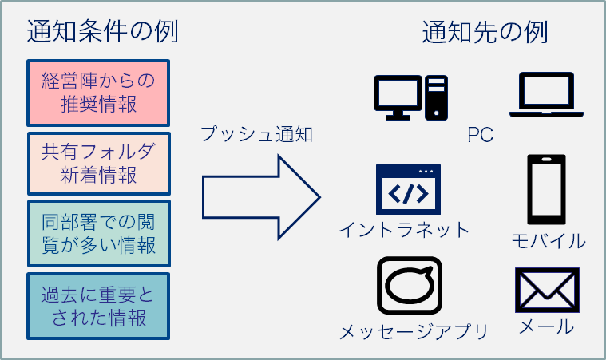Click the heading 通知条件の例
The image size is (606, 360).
tap(102, 32)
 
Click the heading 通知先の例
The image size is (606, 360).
tap(485, 32)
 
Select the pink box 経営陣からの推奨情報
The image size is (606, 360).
tap(98, 93)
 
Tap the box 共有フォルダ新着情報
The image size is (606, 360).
tap(98, 164)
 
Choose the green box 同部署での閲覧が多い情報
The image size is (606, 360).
tap(98, 234)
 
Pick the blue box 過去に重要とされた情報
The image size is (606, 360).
tap(98, 307)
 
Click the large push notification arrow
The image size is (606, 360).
tap(261, 197)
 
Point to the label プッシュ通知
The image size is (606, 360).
tap(256, 134)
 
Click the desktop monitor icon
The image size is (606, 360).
tap(398, 97)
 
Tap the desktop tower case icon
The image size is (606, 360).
tap(436, 97)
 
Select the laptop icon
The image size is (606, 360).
tap(546, 95)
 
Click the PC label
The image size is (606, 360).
tap(480, 135)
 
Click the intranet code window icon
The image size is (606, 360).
tap(408, 189)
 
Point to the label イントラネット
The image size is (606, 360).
tap(404, 230)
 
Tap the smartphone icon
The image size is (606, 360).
tap(546, 190)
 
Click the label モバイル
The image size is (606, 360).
tap(549, 241)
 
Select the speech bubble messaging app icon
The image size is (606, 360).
tap(410, 286)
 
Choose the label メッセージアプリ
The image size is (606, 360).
tap(414, 332)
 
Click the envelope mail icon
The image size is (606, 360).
tap(547, 290)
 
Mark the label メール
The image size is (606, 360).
tap(546, 326)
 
